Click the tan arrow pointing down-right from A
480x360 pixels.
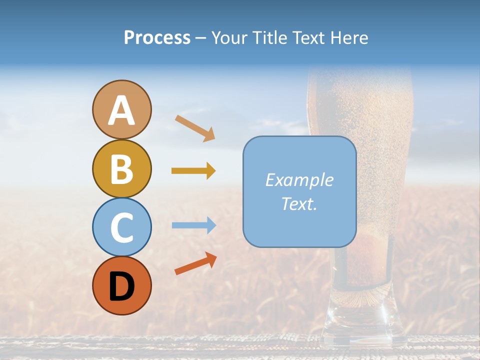pyautogui.click(x=195, y=128)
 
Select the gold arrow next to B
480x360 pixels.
pyautogui.click(x=193, y=171)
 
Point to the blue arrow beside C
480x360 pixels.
pyautogui.click(x=193, y=225)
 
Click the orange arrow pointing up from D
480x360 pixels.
pyautogui.click(x=195, y=264)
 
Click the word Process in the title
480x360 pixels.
pyautogui.click(x=157, y=38)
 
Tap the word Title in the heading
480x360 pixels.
pyautogui.click(x=269, y=38)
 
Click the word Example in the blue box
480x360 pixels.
pyautogui.click(x=299, y=180)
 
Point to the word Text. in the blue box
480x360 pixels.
pyautogui.click(x=299, y=203)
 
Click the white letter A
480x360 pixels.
pyautogui.click(x=121, y=111)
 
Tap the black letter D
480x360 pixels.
pyautogui.click(x=121, y=286)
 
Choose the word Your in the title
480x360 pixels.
pyautogui.click(x=230, y=38)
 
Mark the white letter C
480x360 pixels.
pyautogui.click(x=121, y=228)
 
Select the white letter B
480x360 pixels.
pyautogui.click(x=121, y=169)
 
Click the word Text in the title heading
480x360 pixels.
pyautogui.click(x=308, y=38)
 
